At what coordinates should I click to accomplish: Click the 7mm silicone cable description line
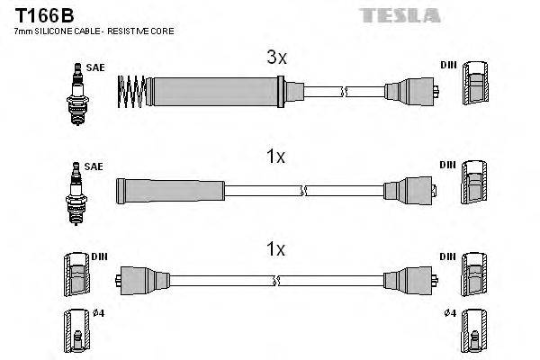tap(94, 31)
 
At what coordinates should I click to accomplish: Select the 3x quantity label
tap(275, 58)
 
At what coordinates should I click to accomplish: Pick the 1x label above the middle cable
tap(275, 157)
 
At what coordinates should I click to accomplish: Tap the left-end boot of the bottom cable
tap(144, 279)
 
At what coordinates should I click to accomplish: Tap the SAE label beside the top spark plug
tap(94, 67)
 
